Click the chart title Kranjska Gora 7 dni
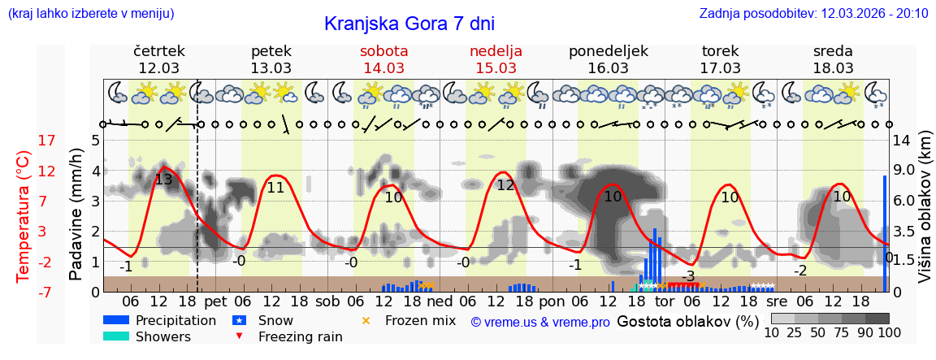click(x=409, y=24)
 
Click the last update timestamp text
click(x=813, y=13)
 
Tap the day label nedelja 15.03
click(x=496, y=59)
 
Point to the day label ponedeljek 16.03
click(x=609, y=59)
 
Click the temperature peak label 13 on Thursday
click(x=162, y=180)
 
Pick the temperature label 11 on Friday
click(x=275, y=188)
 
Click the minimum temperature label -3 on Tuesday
click(x=688, y=276)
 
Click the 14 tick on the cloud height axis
click(x=903, y=141)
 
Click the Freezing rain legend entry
click(x=288, y=337)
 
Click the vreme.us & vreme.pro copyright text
click(x=540, y=322)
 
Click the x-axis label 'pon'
click(x=552, y=301)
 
